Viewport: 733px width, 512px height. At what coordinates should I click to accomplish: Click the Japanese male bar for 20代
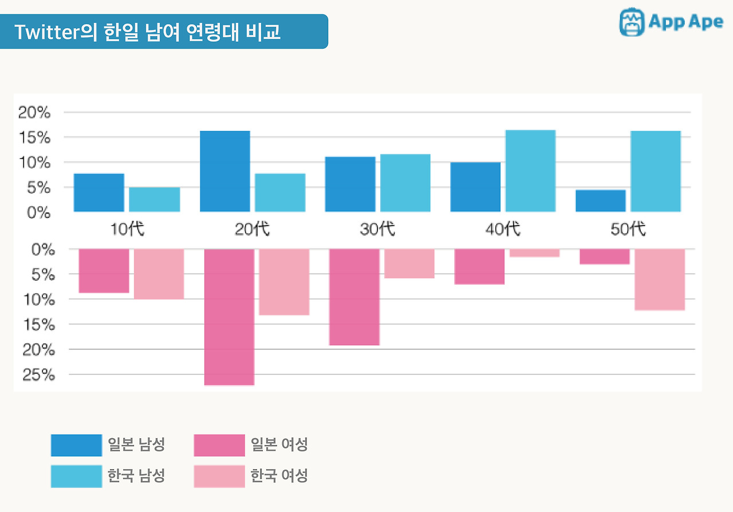224,171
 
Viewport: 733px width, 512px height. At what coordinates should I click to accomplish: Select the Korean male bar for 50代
656,171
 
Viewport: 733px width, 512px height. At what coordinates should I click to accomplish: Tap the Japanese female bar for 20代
229,317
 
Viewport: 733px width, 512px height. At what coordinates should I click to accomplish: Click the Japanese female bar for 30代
354,297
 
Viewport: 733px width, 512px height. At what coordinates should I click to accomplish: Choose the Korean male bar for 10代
154,199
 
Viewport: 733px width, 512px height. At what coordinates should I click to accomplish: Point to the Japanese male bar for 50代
601,201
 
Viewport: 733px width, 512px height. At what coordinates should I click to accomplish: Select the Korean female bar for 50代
660,279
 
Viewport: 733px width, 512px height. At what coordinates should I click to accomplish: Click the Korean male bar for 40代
530,171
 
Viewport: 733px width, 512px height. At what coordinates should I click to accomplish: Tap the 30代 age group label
377,230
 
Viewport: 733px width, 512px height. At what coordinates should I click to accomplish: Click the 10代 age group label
127,230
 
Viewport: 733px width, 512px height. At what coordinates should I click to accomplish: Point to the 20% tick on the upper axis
34,113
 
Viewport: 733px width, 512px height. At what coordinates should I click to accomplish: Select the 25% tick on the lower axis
38,375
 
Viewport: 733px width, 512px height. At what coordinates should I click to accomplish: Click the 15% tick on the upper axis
34,138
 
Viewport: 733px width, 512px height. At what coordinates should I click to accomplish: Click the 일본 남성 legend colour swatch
76,445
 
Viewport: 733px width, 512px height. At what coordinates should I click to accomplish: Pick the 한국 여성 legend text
279,476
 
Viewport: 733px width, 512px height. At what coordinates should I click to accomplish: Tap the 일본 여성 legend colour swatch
219,445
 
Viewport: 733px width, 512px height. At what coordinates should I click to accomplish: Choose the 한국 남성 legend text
136,476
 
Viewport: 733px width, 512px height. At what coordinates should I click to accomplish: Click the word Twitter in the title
46,32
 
